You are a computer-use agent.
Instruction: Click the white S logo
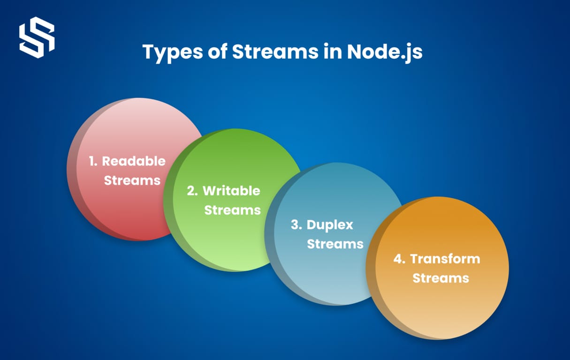tap(37, 37)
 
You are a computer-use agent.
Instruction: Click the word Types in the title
tap(173, 52)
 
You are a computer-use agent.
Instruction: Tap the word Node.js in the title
tap(385, 52)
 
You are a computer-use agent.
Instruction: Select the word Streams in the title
tap(275, 52)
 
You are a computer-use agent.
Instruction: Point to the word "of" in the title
tap(217, 52)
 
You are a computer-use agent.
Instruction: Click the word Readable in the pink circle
tap(134, 161)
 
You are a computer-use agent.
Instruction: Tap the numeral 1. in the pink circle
tap(93, 161)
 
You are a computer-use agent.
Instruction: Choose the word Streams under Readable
tap(132, 180)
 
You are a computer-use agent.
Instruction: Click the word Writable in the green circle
tap(231, 191)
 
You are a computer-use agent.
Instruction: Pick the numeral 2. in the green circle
tap(192, 191)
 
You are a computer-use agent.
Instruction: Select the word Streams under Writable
tap(232, 210)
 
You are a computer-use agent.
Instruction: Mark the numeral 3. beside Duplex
tap(296, 225)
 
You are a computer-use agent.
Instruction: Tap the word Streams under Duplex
tap(335, 244)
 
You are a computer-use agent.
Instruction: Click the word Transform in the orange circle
tap(445, 259)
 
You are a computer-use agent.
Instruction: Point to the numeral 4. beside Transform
tap(399, 259)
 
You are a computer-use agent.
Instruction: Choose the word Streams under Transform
tap(441, 278)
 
